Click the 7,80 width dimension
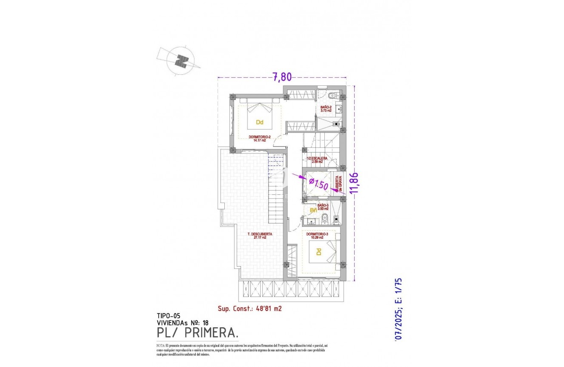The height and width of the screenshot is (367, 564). (x=282, y=77)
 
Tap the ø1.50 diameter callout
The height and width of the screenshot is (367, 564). (x=318, y=185)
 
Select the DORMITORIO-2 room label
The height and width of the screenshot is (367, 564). (x=259, y=138)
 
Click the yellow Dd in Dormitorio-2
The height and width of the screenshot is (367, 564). (x=259, y=122)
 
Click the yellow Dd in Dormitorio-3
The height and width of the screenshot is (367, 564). (x=318, y=252)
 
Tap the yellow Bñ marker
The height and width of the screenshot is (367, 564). (x=313, y=210)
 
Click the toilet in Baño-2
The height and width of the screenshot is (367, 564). (x=333, y=95)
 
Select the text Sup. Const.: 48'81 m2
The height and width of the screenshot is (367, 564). (x=250, y=308)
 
